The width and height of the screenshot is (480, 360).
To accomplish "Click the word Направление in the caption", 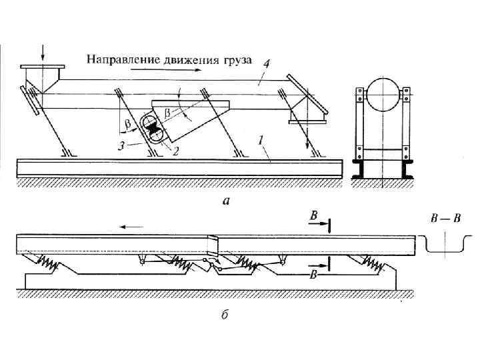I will pos(117,60).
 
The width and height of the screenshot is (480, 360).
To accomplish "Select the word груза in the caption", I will pos(233,60).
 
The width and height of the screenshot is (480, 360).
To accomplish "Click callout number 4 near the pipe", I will pos(265,64).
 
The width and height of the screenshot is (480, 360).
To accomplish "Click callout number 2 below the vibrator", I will pos(176,151).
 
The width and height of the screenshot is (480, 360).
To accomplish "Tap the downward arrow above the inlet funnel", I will pos(43,51).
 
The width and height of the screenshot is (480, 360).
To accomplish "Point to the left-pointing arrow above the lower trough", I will pos(131,227).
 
